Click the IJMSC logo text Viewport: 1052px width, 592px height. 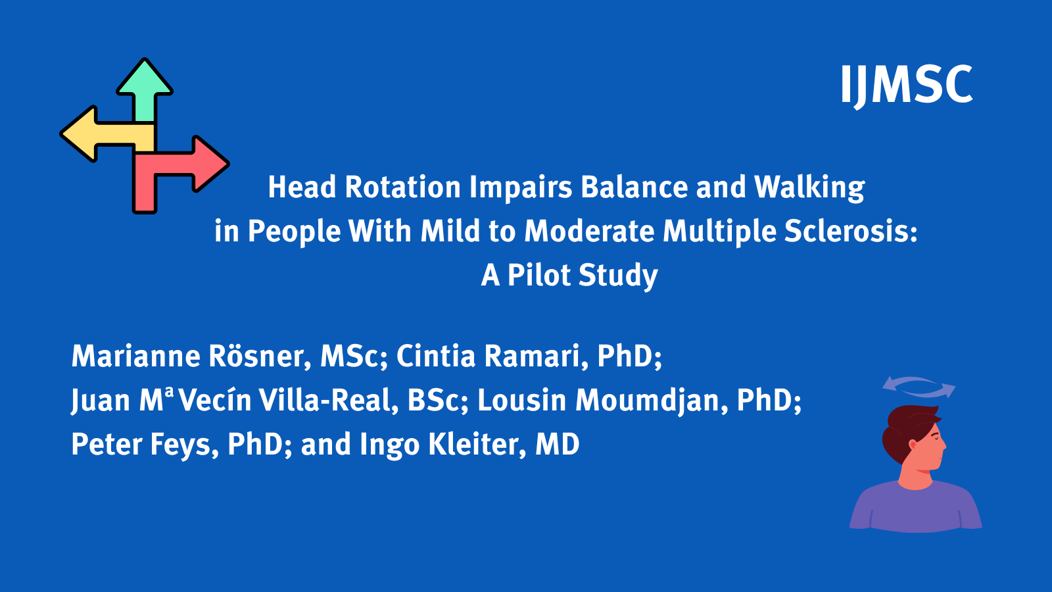tap(906, 84)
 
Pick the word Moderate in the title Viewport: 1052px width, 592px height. tap(588, 232)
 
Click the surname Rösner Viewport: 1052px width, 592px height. tap(259, 357)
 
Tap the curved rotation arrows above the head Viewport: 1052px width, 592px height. tap(919, 387)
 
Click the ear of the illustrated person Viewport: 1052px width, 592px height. tap(913, 445)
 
